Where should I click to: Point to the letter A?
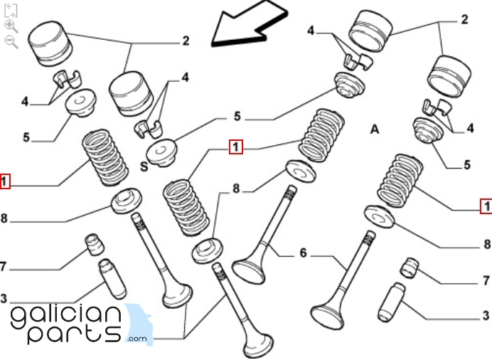click(375, 129)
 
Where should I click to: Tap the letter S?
click(143, 167)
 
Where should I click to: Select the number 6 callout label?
click(302, 253)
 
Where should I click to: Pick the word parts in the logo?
click(74, 334)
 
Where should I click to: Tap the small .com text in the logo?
click(137, 339)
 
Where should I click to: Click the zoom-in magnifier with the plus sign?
click(11, 26)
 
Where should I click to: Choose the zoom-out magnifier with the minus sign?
click(11, 42)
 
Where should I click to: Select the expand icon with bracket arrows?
click(11, 10)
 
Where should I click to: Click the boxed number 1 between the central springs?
click(235, 147)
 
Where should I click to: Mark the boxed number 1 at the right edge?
click(486, 206)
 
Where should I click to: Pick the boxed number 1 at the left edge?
click(5, 181)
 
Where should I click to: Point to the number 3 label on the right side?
click(486, 314)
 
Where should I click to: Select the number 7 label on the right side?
click(486, 280)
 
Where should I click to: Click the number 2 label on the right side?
click(464, 19)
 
